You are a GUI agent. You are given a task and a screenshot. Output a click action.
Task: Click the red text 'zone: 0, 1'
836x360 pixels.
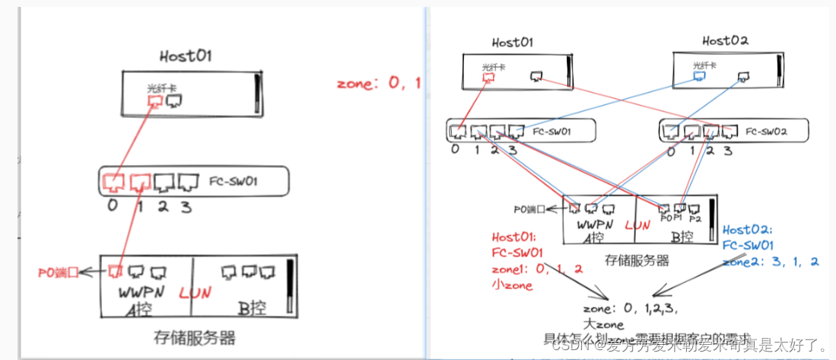tap(378, 83)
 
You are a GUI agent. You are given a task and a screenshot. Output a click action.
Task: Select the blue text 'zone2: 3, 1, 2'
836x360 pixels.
tap(771, 261)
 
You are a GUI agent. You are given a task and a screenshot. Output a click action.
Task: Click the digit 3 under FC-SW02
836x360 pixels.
tap(728, 151)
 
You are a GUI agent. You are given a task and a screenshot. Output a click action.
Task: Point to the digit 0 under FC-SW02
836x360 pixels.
tap(670, 151)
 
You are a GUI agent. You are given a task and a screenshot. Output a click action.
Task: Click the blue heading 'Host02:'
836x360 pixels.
tap(748, 230)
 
